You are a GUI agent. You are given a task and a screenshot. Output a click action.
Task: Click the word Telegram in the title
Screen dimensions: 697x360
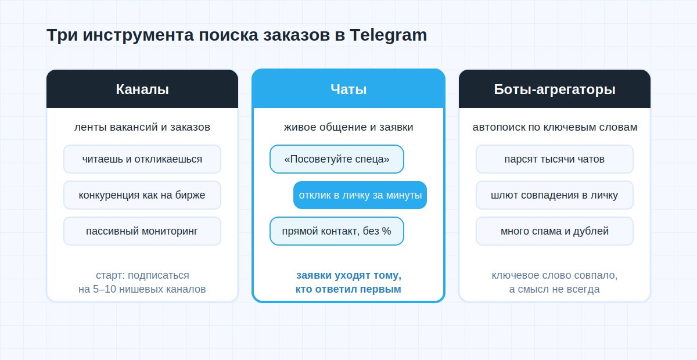(389, 35)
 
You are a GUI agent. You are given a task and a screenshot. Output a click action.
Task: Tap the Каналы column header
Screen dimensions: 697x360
(142, 89)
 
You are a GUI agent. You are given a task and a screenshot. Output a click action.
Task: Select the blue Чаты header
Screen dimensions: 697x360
(348, 89)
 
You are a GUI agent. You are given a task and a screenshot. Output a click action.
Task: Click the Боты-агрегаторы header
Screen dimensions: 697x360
(555, 89)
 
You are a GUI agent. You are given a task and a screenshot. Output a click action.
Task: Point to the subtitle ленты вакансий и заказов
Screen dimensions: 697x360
(142, 127)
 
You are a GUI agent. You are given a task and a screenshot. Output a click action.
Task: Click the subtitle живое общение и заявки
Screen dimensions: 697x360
(348, 127)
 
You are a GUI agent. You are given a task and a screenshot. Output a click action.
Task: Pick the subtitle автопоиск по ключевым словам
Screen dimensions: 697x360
(555, 127)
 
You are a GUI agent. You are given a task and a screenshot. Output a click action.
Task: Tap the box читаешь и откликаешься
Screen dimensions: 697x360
(142, 159)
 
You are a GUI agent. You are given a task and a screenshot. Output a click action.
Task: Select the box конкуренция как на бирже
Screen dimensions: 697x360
(142, 195)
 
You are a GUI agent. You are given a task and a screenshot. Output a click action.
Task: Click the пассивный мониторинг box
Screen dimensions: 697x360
(142, 231)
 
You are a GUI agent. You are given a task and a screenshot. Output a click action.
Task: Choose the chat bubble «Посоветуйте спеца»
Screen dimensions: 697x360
(337, 159)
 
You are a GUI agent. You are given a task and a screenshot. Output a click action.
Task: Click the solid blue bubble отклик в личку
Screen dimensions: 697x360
(360, 195)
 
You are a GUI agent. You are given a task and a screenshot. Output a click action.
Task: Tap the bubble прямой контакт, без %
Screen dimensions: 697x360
(337, 231)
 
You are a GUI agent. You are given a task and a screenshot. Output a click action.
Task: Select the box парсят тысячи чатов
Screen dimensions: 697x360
(555, 159)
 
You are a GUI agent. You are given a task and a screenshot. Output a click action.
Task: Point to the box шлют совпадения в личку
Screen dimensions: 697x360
(555, 195)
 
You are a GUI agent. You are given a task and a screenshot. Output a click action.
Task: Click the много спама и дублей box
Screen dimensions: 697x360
(555, 231)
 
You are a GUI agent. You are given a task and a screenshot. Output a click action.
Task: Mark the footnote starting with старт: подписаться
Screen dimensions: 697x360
(142, 282)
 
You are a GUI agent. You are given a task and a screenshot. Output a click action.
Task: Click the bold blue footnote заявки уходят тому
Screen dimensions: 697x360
(348, 282)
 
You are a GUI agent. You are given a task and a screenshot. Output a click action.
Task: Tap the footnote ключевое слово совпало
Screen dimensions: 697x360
(555, 282)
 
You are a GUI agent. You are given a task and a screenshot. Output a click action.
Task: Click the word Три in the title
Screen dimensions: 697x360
(62, 35)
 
